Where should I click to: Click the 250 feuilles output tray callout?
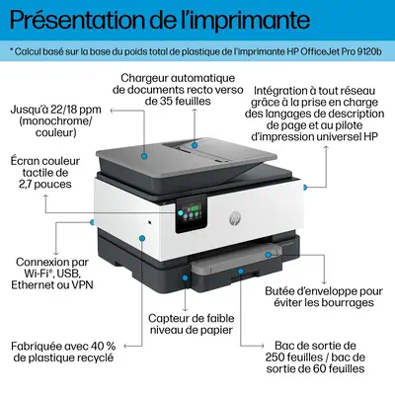click(314, 357)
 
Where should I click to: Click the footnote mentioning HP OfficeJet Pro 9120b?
click(197, 49)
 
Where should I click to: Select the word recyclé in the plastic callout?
click(91, 360)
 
